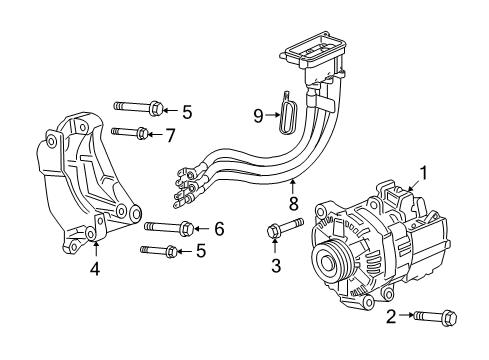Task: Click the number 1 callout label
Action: (x=423, y=172)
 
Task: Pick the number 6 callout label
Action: (x=219, y=229)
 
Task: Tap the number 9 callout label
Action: (x=259, y=117)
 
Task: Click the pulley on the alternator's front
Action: (x=329, y=263)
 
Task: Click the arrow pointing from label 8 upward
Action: (x=293, y=188)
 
